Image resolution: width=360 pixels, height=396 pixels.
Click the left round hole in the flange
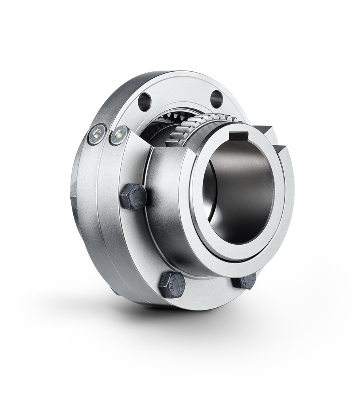[145, 101]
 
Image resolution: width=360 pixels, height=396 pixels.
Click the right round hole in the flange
[216, 99]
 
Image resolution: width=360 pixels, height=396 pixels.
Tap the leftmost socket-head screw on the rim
[97, 135]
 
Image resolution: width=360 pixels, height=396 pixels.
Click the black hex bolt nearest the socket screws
[133, 196]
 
